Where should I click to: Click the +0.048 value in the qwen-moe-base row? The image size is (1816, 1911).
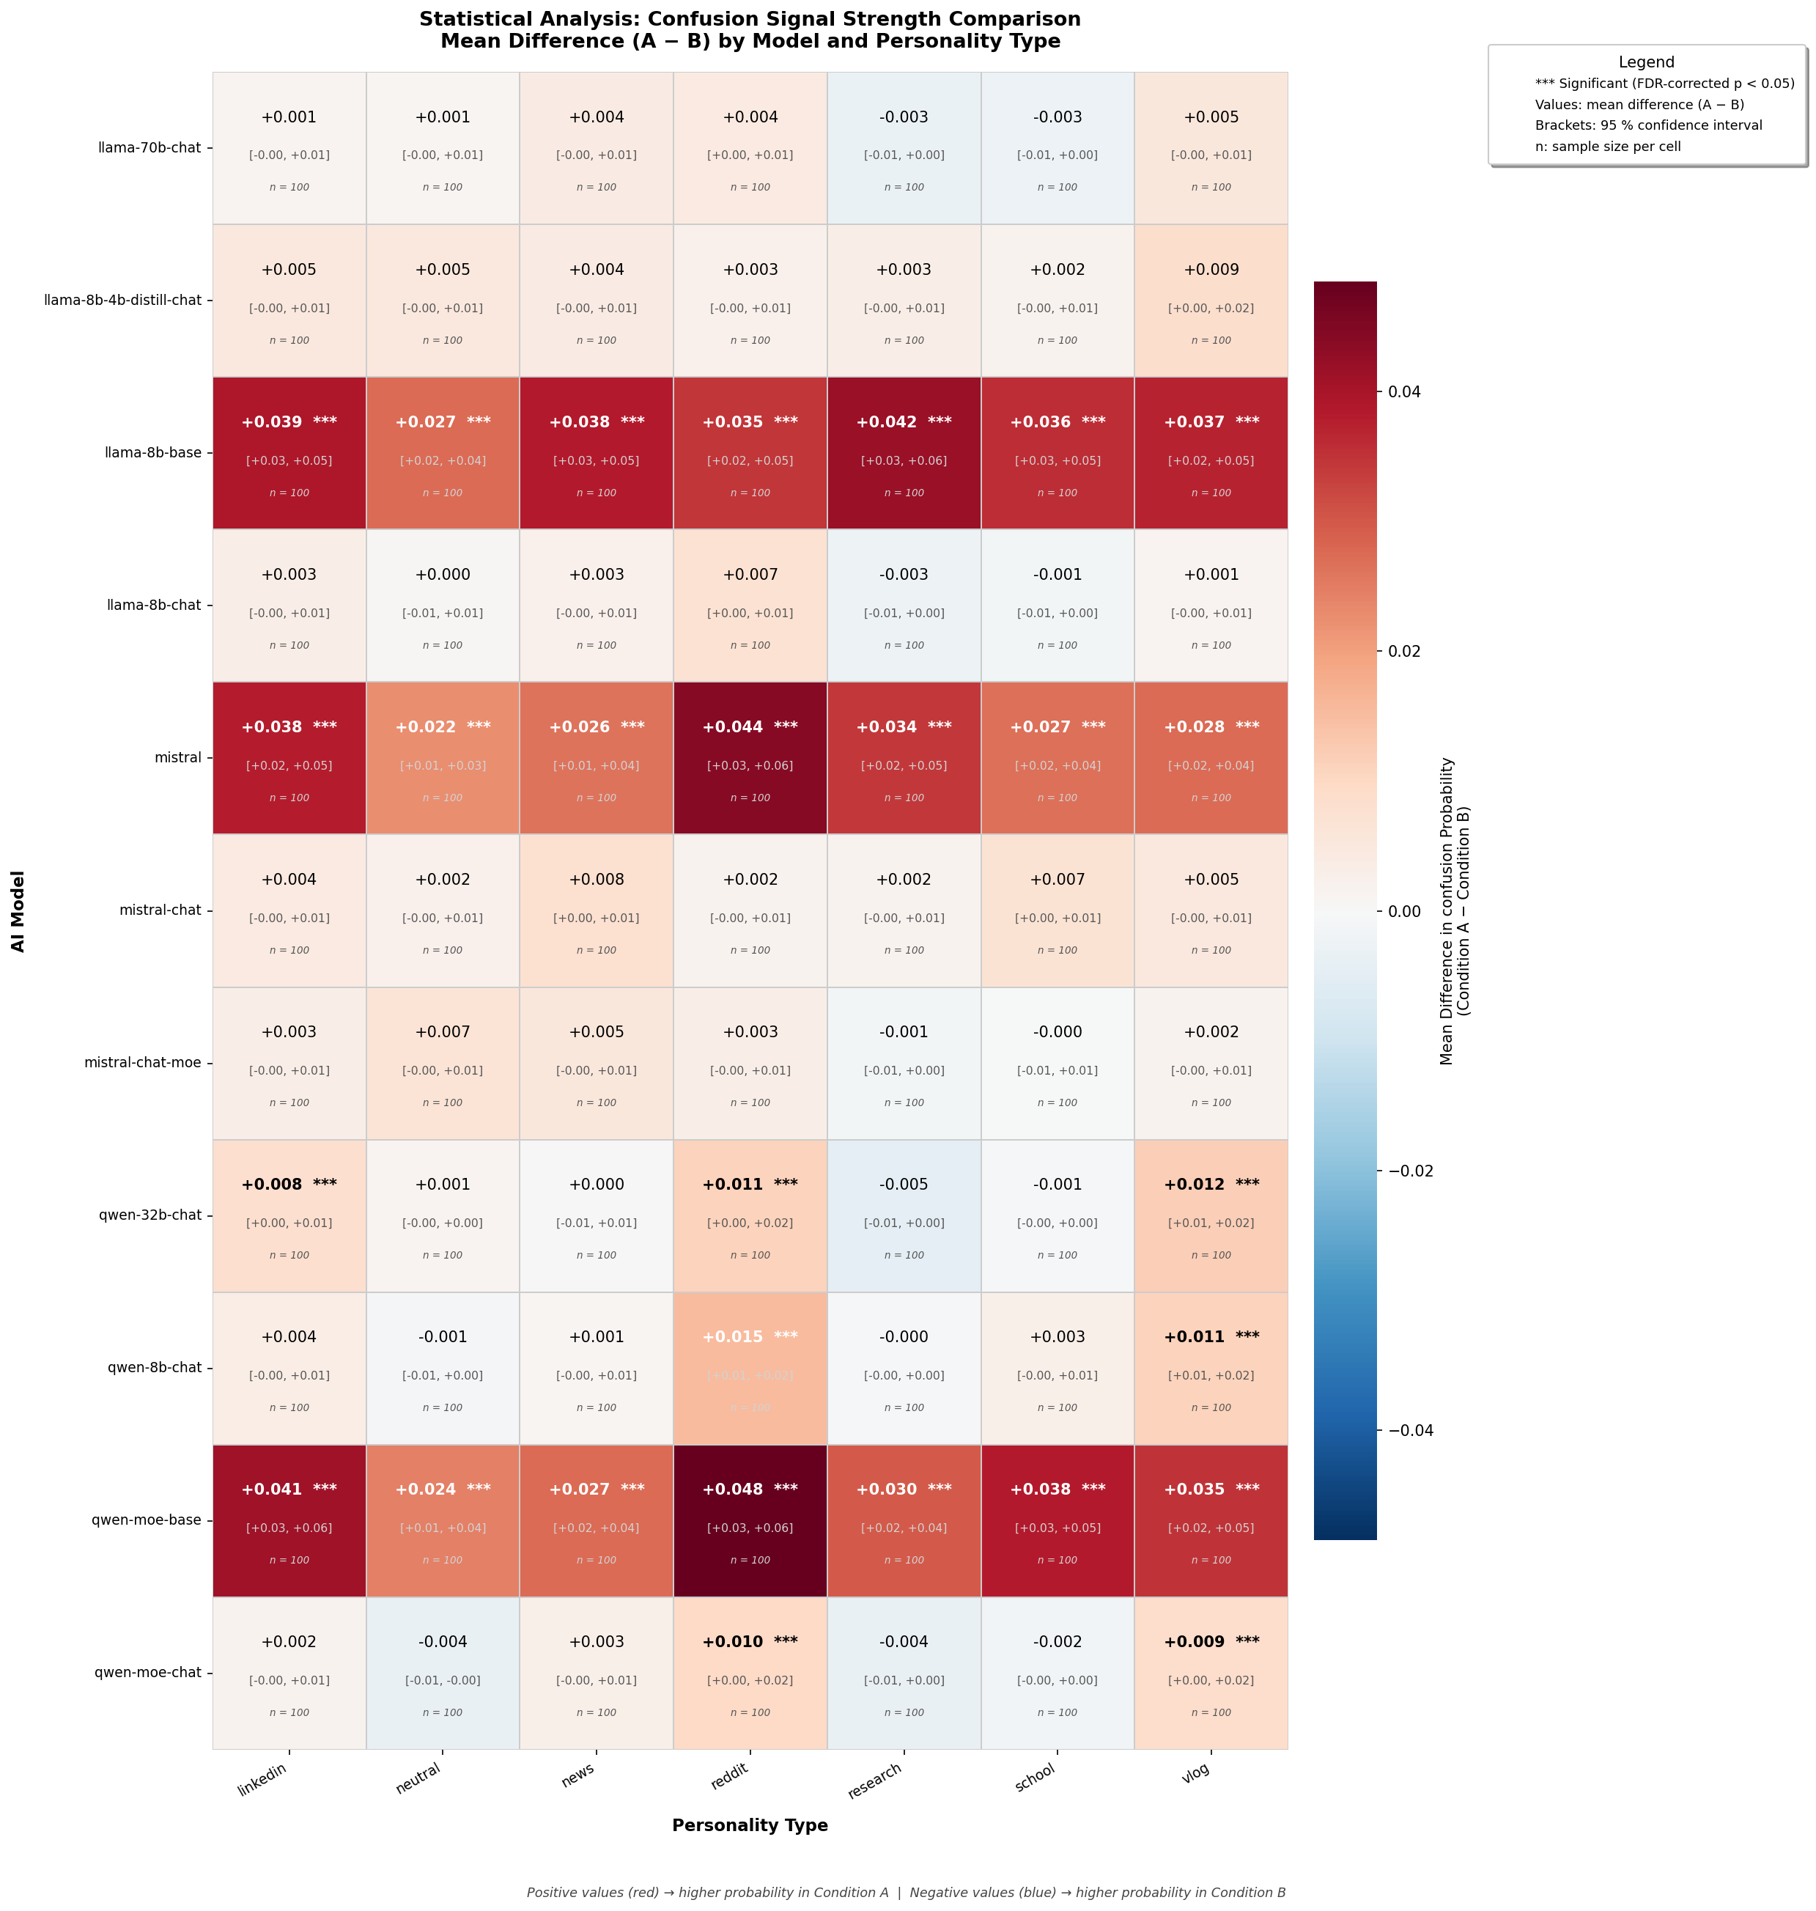pos(733,1489)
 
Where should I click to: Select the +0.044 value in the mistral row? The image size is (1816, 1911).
pos(733,727)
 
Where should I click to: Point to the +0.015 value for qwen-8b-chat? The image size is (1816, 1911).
pos(733,1337)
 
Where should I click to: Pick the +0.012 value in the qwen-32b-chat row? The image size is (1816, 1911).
pos(1195,1184)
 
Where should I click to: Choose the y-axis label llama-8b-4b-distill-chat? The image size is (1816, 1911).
pos(123,300)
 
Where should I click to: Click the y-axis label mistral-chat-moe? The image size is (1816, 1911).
pos(143,1062)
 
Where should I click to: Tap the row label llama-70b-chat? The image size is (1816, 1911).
pos(150,148)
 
